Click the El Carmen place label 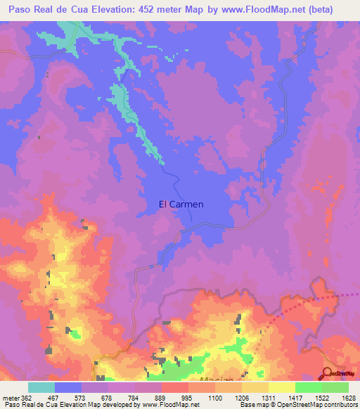181,204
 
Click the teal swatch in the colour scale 41,387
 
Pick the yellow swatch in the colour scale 281,387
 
